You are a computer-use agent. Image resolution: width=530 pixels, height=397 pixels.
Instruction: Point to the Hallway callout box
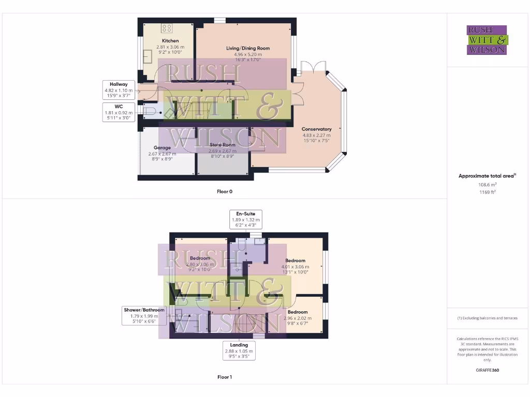pyautogui.click(x=118, y=90)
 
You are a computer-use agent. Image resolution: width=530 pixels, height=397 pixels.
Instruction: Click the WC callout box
pyautogui.click(x=118, y=112)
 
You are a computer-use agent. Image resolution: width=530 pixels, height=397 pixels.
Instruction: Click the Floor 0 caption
pyautogui.click(x=224, y=191)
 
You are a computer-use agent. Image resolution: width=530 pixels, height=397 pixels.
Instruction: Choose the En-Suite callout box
pyautogui.click(x=246, y=219)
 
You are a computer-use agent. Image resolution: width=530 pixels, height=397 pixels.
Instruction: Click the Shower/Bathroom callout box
pyautogui.click(x=143, y=315)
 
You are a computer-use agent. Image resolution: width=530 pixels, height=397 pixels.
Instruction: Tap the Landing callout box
pyautogui.click(x=239, y=350)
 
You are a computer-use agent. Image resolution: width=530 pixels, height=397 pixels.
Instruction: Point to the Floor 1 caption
pyautogui.click(x=224, y=377)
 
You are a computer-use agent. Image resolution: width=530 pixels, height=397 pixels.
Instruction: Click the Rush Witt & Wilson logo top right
pyautogui.click(x=487, y=40)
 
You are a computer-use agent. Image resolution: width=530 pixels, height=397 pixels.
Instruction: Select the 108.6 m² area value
pyautogui.click(x=487, y=184)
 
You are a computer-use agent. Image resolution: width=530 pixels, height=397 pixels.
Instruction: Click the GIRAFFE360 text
pyautogui.click(x=487, y=370)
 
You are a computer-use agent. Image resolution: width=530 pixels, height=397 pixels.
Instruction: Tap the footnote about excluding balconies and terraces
pyautogui.click(x=487, y=318)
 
